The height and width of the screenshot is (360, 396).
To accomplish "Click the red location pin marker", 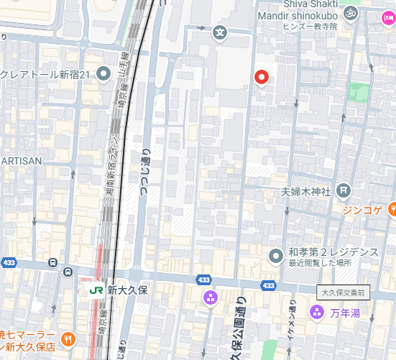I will (x=262, y=77).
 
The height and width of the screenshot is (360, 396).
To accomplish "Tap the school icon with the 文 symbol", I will (x=219, y=32).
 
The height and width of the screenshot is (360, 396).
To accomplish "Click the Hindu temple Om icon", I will (x=351, y=12).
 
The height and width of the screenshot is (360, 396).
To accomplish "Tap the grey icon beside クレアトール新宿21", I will (x=104, y=73).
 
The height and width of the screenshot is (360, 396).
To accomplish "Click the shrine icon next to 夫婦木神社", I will (x=344, y=190).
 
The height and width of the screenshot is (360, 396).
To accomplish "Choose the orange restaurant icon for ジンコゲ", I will (x=392, y=209).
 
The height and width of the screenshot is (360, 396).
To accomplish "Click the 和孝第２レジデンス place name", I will (x=333, y=252).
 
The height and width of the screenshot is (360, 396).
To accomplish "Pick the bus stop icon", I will (x=68, y=272).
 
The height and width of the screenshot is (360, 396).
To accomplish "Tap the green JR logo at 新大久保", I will (x=95, y=291).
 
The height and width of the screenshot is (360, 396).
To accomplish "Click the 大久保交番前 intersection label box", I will (x=343, y=292).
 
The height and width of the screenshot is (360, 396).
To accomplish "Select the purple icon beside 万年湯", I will (x=315, y=312).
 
